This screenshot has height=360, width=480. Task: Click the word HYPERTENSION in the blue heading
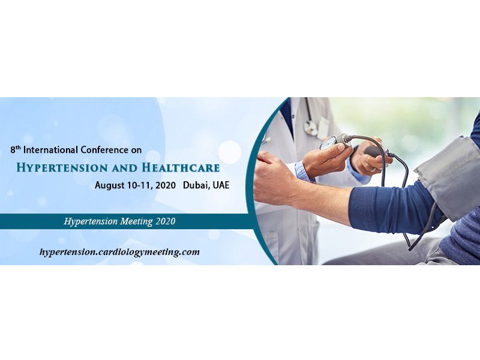[x=62, y=168]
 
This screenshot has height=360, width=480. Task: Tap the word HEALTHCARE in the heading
[x=181, y=168]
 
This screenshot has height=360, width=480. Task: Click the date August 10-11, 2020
[x=136, y=185]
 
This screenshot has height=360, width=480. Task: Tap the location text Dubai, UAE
[x=206, y=185]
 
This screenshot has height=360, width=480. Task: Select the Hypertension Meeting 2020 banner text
[x=119, y=221]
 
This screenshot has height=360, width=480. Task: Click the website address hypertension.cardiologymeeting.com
[x=119, y=252]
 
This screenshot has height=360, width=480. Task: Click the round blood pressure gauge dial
[x=328, y=143]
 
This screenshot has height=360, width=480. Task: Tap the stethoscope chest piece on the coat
[x=311, y=128]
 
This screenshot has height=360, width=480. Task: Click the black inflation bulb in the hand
[x=374, y=151]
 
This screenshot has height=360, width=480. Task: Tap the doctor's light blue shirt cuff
[x=303, y=172]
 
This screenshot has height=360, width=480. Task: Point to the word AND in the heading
[x=125, y=168]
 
